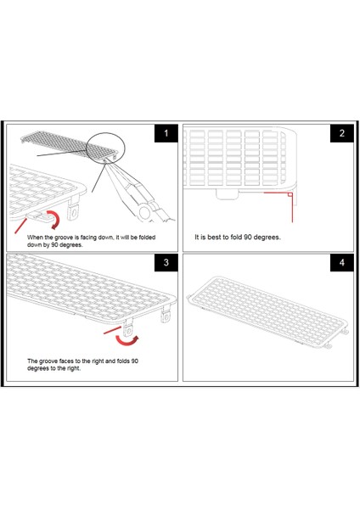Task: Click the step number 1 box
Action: tap(166, 133)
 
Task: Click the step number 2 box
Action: tap(342, 133)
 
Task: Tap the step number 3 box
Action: tap(166, 262)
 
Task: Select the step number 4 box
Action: tap(342, 262)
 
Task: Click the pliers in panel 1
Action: tap(140, 192)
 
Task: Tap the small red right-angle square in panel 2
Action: tap(290, 194)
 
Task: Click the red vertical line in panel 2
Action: tap(292, 208)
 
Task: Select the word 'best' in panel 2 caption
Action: tap(213, 237)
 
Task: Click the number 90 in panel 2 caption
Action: tap(248, 237)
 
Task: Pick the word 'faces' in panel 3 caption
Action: tap(66, 361)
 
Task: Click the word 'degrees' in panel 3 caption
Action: tap(37, 368)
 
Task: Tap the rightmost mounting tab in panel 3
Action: tap(166, 314)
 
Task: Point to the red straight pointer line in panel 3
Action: tap(112, 331)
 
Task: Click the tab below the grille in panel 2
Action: tap(227, 194)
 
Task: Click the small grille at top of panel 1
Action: tap(69, 145)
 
